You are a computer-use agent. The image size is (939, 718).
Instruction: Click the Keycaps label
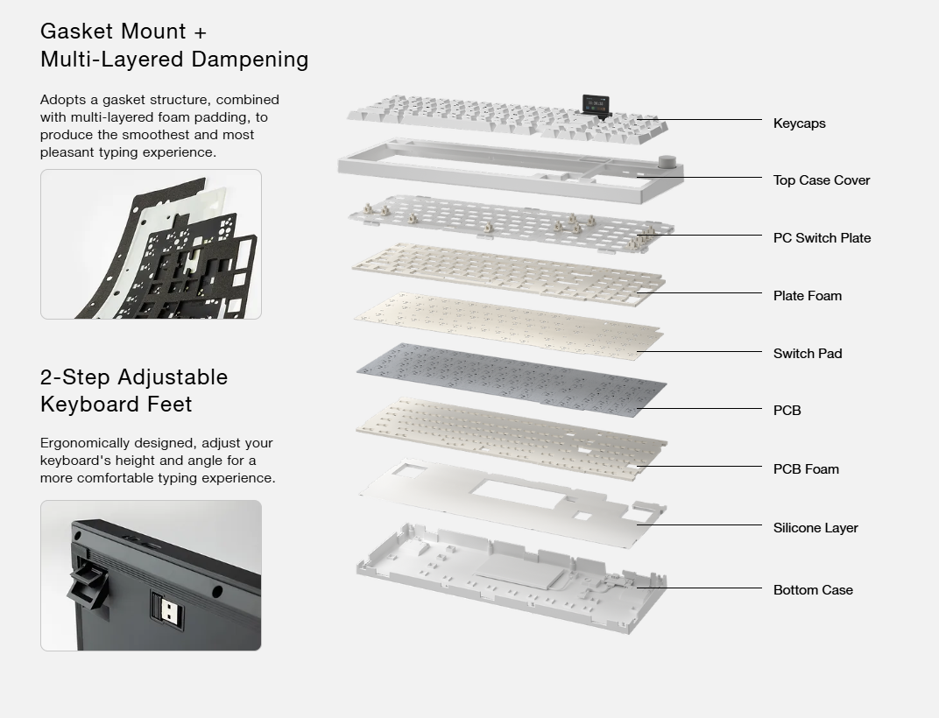click(799, 123)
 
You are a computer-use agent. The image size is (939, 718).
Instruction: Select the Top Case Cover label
click(821, 180)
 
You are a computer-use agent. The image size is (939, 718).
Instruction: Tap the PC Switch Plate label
click(822, 238)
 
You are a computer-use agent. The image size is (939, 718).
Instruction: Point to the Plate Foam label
click(807, 296)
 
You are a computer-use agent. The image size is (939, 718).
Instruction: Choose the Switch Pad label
click(807, 354)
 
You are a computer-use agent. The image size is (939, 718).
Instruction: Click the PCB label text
click(787, 411)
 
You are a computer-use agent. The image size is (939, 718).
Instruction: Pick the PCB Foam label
click(805, 469)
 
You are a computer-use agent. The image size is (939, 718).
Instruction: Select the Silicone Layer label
click(815, 528)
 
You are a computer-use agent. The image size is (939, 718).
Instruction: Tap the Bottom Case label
click(812, 590)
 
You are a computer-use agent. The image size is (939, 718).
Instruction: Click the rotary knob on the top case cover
click(667, 163)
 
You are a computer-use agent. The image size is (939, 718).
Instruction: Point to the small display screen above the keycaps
click(597, 103)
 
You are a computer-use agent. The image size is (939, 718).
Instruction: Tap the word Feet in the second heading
click(168, 405)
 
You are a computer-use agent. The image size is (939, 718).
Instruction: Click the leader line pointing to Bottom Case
click(701, 588)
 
